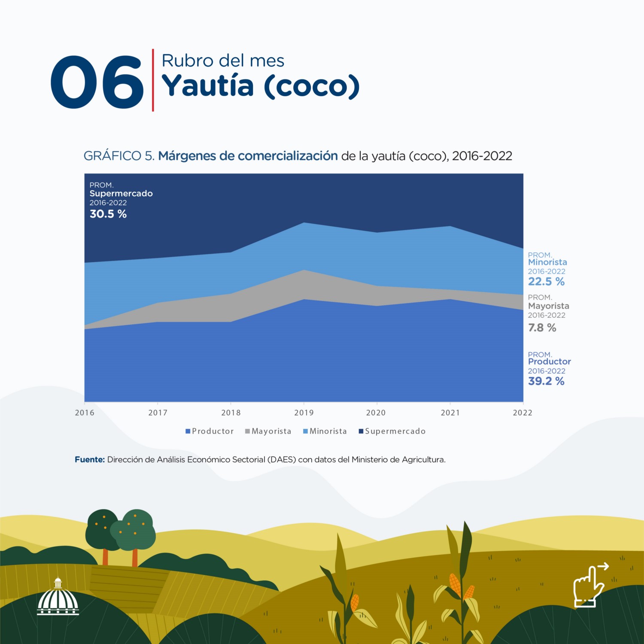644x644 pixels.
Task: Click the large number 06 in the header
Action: tap(97, 82)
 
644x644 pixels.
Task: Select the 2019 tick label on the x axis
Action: tap(304, 413)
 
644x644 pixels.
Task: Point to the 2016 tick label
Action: tap(85, 413)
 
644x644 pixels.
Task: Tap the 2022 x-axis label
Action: tap(522, 413)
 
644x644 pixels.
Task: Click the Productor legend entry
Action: tap(210, 431)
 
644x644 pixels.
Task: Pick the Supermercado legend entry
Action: tap(392, 431)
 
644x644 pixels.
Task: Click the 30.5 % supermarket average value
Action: tap(108, 214)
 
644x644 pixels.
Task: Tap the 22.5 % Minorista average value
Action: tap(546, 282)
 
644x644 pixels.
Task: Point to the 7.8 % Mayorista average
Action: tap(542, 328)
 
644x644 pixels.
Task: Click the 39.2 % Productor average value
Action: tap(546, 381)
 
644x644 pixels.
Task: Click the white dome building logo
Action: tap(58, 598)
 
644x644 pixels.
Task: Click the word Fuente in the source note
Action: tap(90, 459)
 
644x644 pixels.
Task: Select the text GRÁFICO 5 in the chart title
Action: tap(119, 156)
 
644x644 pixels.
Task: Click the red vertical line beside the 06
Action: tap(153, 80)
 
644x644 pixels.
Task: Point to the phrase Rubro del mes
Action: tap(223, 61)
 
